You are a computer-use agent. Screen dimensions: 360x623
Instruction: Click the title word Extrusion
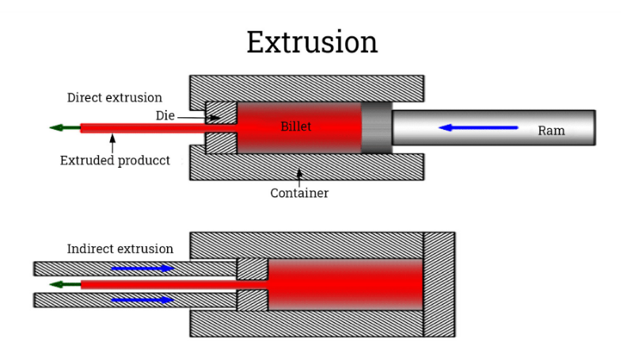tap(311, 42)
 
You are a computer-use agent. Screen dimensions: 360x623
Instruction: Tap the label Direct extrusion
tap(114, 98)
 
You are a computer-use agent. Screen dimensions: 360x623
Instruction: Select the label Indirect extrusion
tap(120, 248)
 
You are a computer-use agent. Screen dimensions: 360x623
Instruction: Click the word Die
tap(165, 116)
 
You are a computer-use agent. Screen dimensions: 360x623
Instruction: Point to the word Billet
tap(296, 127)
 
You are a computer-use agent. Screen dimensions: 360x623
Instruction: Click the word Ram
tap(551, 131)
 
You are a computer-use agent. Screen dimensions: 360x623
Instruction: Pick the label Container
tap(299, 193)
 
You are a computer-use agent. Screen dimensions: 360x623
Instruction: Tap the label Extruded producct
tap(115, 161)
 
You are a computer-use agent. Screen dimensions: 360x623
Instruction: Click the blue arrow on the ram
tap(478, 127)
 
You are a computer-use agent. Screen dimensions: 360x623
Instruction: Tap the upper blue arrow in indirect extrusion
tap(142, 268)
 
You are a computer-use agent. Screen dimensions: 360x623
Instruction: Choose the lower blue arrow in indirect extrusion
tap(142, 300)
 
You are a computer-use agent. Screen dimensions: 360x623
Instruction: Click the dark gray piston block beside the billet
tap(377, 127)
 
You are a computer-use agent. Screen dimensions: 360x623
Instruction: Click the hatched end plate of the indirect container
tap(439, 284)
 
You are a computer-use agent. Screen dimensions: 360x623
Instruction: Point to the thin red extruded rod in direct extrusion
tap(142, 127)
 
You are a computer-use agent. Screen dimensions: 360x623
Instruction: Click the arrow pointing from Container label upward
tap(299, 174)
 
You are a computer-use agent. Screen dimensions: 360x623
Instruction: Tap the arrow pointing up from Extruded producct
tap(113, 142)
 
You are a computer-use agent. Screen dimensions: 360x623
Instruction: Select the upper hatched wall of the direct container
tap(306, 88)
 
